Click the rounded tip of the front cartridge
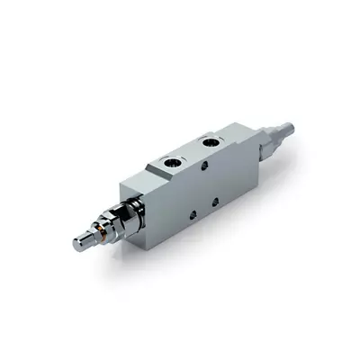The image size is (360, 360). pos(79,240)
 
